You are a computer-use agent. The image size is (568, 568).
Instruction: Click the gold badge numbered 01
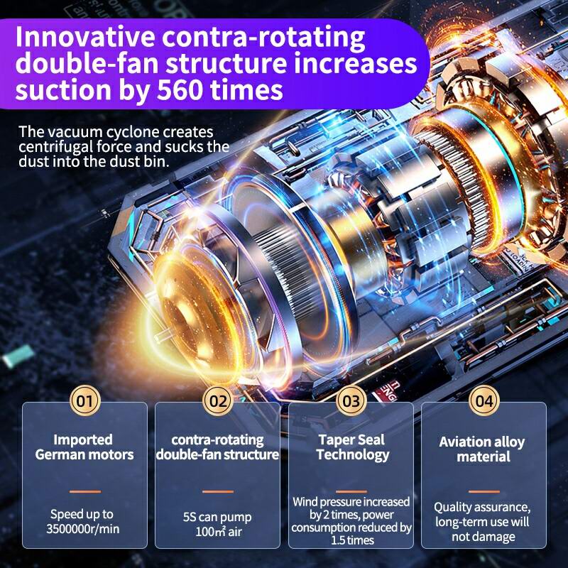point(84,400)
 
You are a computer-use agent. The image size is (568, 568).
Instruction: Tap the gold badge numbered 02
point(218,400)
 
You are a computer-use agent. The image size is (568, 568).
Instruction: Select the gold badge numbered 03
point(351,400)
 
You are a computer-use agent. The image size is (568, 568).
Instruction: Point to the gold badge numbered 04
point(484,400)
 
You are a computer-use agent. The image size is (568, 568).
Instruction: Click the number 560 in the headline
point(180,90)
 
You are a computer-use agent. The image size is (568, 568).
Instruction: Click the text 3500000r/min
point(83,529)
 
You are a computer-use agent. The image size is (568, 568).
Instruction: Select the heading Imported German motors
point(84,447)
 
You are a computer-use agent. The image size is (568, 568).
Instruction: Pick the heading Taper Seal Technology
point(352,448)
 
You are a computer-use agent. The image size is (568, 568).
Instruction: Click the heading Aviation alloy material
point(482,449)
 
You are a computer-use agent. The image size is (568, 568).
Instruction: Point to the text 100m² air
point(219,532)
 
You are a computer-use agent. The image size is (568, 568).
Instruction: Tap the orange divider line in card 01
point(85,491)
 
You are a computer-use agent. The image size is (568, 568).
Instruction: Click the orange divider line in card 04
point(484,491)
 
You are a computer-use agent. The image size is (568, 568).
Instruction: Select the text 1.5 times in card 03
point(352,540)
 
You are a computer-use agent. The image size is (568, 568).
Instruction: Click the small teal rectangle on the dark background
point(18,356)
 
